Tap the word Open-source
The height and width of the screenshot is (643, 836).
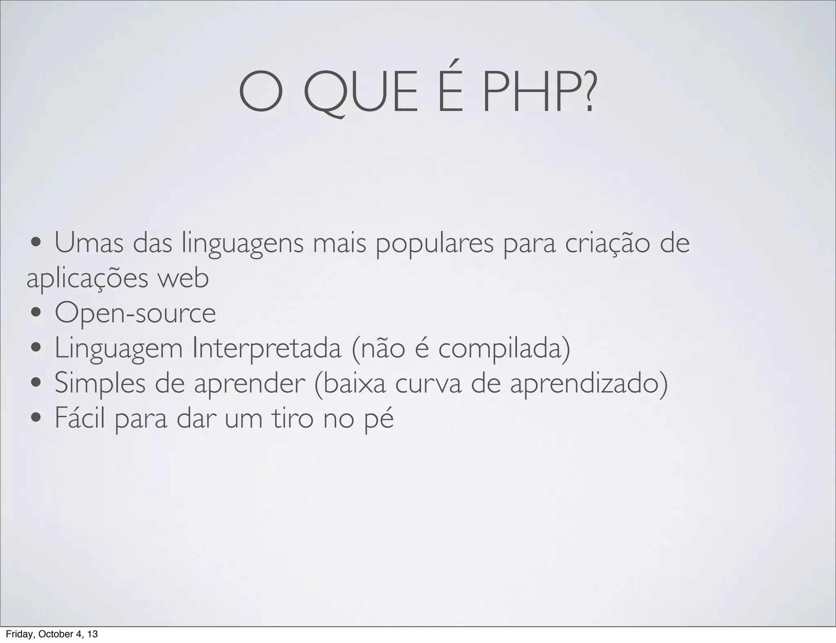tap(136, 314)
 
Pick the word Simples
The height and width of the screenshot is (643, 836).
tap(100, 384)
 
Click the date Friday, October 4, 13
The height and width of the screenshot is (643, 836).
tap(52, 634)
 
